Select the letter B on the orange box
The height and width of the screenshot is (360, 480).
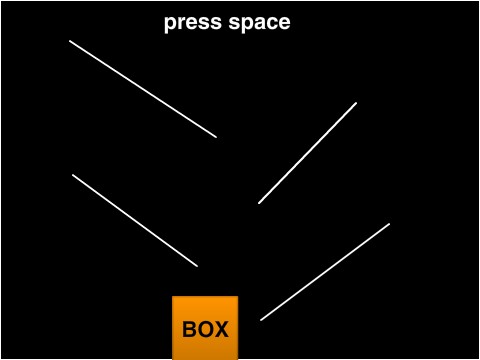click(190, 330)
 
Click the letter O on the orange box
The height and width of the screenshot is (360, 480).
click(205, 330)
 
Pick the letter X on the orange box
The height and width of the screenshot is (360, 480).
click(221, 330)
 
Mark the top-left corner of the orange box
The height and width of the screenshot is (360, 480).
click(173, 297)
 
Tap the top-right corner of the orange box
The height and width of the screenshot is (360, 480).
click(238, 297)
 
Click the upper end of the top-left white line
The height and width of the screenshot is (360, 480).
click(69, 41)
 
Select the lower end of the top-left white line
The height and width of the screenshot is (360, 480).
click(216, 137)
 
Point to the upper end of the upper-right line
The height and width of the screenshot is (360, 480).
click(356, 102)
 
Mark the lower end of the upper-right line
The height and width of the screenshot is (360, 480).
click(258, 204)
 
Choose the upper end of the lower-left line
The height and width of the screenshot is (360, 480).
click(72, 175)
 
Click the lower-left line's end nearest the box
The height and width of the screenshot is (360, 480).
click(198, 267)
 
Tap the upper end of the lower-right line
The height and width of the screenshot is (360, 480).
click(389, 224)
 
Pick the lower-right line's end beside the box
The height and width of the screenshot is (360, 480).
click(261, 320)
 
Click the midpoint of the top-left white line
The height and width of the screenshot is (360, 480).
click(143, 89)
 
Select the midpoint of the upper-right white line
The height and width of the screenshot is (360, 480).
click(307, 153)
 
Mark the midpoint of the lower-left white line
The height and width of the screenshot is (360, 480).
click(135, 221)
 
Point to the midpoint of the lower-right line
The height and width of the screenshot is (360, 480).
click(325, 272)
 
